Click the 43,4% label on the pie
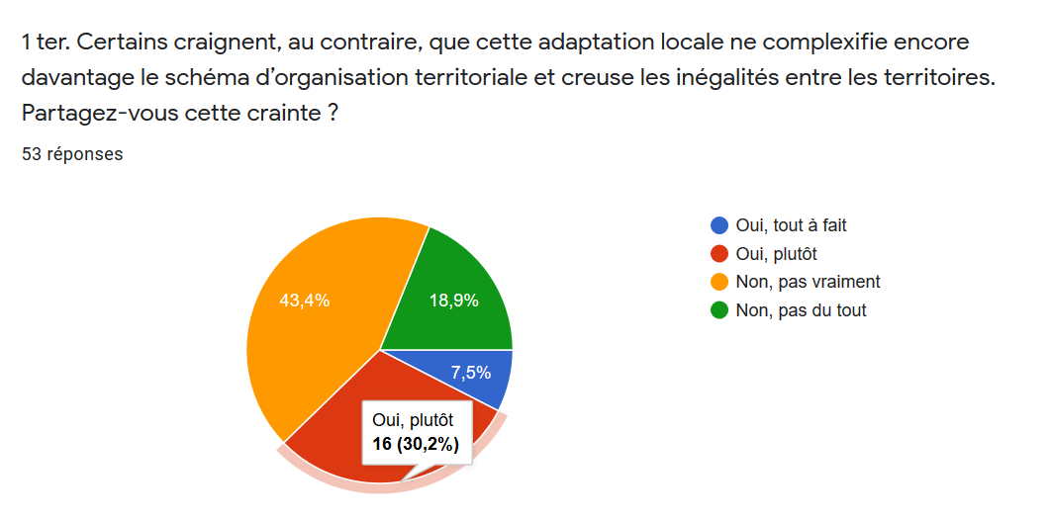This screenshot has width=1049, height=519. [x=306, y=301]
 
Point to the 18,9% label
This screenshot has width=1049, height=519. [x=453, y=301]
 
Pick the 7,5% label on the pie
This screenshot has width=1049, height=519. [x=470, y=373]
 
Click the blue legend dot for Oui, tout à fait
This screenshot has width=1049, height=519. [x=719, y=225]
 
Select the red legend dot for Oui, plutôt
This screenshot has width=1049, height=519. [x=719, y=254]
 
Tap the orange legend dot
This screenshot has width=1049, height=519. [x=719, y=282]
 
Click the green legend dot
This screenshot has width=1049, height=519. [x=719, y=310]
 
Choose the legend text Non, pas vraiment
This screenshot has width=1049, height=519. [x=808, y=282]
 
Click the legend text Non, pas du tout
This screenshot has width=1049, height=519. [x=801, y=310]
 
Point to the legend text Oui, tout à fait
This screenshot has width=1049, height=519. [x=791, y=225]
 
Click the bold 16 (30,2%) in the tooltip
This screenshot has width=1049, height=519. [x=416, y=445]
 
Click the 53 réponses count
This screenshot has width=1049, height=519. [x=72, y=154]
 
